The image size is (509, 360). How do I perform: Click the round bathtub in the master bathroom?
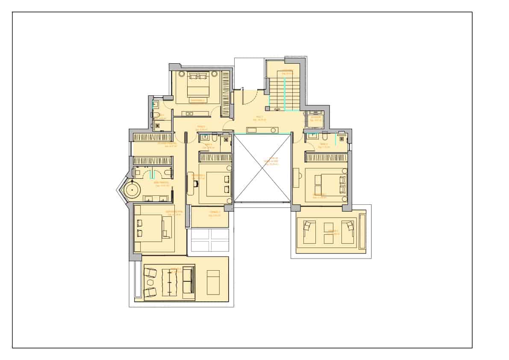tap(133, 190)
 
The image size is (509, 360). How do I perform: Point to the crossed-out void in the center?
tap(262, 168)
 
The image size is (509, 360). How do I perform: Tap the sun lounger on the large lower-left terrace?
tap(213, 282)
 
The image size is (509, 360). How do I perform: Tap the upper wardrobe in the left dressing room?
tap(153, 137)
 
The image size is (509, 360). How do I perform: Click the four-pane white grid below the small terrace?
tap(210, 240)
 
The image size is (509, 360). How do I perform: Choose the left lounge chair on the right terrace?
tap(309, 231)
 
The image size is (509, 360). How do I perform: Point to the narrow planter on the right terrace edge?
tap(362, 231)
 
